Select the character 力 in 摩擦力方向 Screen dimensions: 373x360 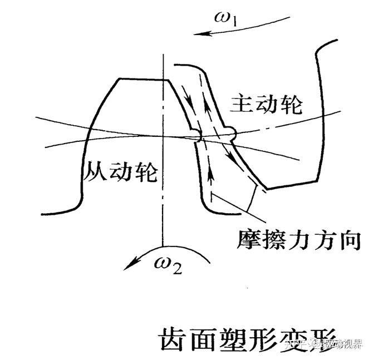[300, 239]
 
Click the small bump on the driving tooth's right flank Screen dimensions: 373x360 [230, 133]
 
